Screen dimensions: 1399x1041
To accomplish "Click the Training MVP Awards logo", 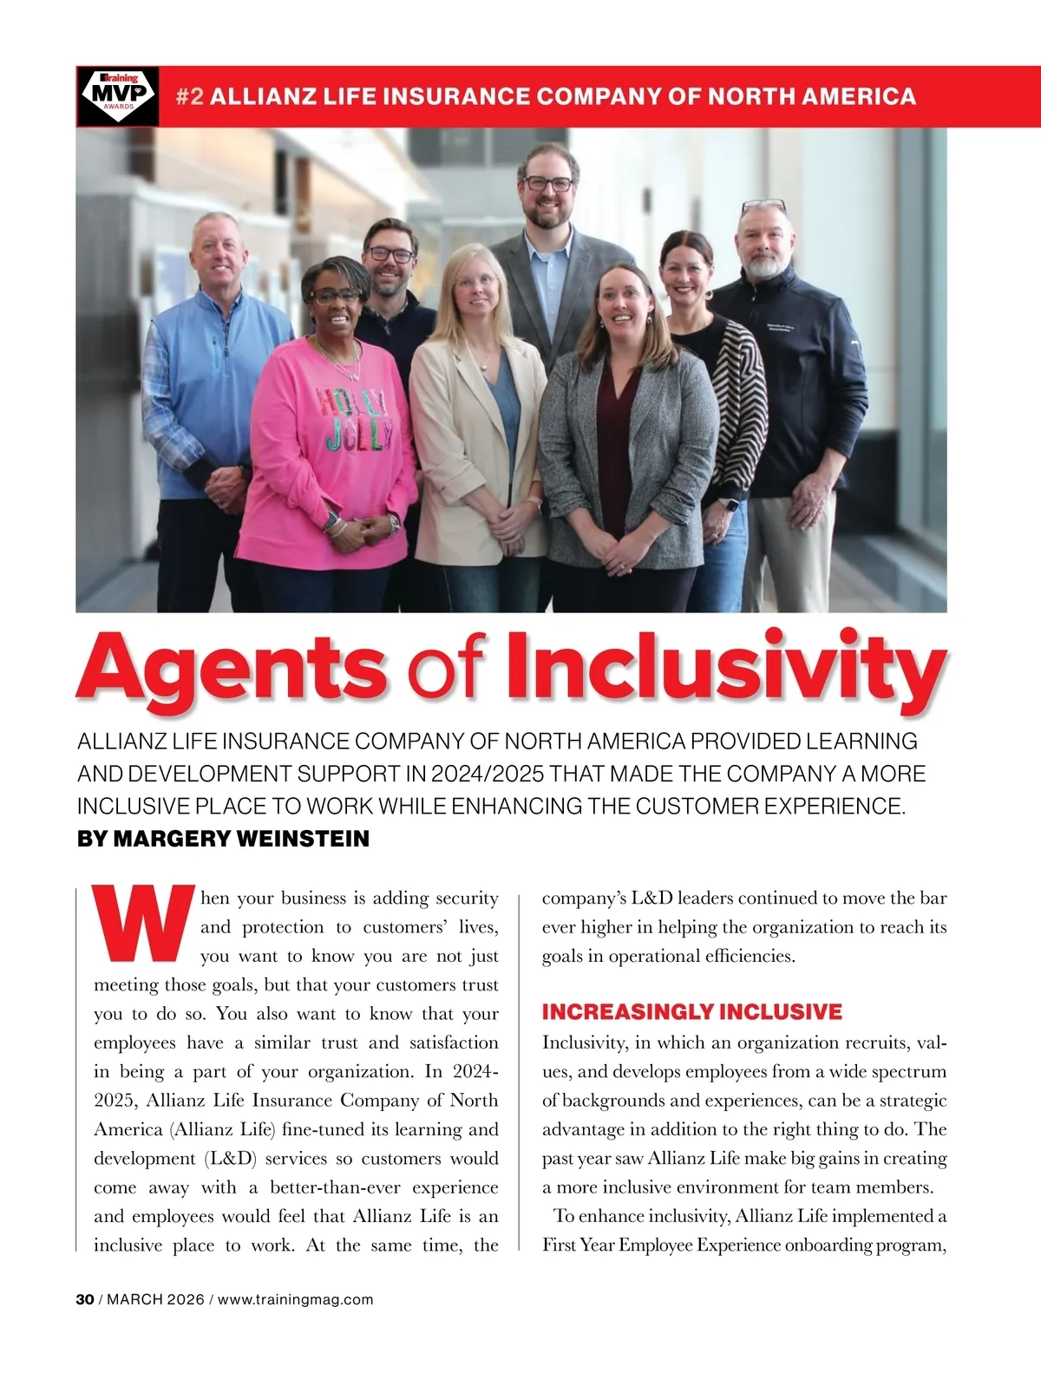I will (118, 96).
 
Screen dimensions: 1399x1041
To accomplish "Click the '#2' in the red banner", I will (190, 96).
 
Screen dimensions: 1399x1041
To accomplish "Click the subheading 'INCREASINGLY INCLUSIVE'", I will (691, 1012).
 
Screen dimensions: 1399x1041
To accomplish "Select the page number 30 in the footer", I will (85, 1299).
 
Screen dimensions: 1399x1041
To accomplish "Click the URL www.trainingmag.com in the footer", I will (295, 1299).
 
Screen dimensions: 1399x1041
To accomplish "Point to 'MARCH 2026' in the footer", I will (155, 1299).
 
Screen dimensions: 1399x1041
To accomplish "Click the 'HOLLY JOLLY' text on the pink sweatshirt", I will (357, 421).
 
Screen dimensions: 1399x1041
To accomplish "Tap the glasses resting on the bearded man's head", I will (763, 207).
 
